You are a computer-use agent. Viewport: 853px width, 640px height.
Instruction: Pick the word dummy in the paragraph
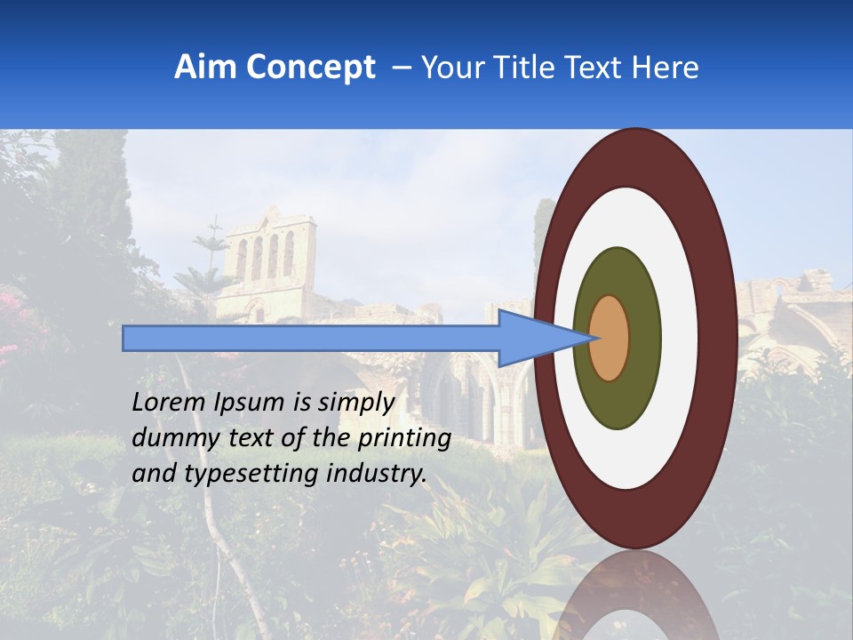pos(167,438)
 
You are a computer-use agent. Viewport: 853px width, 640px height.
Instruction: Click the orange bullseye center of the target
pos(610,339)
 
